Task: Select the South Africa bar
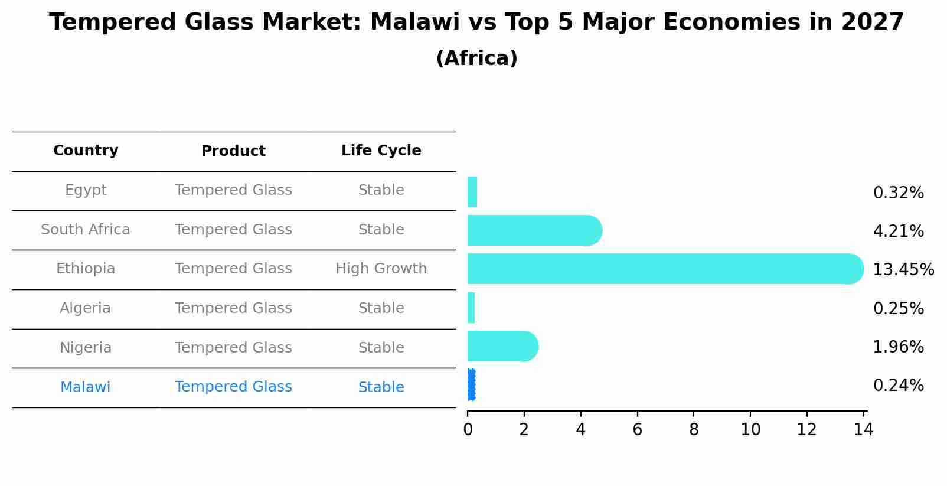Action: [531, 230]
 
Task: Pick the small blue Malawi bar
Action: [471, 385]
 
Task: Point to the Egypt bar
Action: [472, 192]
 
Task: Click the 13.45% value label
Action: [903, 270]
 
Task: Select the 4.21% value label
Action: [898, 231]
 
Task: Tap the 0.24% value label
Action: [898, 386]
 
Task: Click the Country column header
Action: [86, 151]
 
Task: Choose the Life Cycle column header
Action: [381, 151]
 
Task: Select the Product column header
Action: [233, 151]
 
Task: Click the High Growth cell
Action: [381, 269]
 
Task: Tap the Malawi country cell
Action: [86, 387]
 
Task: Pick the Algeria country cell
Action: [86, 308]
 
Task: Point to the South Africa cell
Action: [86, 230]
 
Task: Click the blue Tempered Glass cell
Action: [233, 387]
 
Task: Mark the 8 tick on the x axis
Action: [694, 430]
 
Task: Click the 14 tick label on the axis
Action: [863, 430]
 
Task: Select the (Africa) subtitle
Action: [476, 58]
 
